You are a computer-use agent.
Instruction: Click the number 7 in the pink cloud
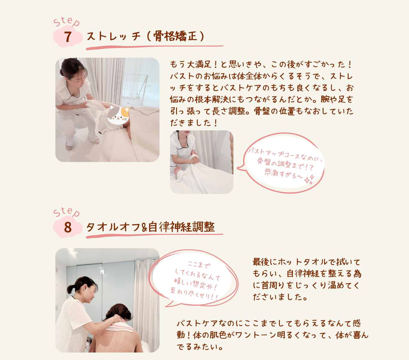[68, 37]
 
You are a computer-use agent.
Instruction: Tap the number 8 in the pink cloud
[68, 227]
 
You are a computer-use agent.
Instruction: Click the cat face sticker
[118, 115]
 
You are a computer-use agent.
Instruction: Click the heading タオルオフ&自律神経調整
[151, 227]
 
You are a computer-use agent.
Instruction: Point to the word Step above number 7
[66, 21]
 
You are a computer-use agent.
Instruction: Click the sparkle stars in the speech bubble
[309, 179]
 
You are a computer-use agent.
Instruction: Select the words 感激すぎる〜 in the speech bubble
[284, 174]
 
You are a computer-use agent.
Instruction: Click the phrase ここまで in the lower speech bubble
[199, 264]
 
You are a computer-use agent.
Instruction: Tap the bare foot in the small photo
[178, 172]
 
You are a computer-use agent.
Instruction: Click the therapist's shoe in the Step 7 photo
[69, 147]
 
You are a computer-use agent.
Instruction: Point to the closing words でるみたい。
[200, 347]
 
